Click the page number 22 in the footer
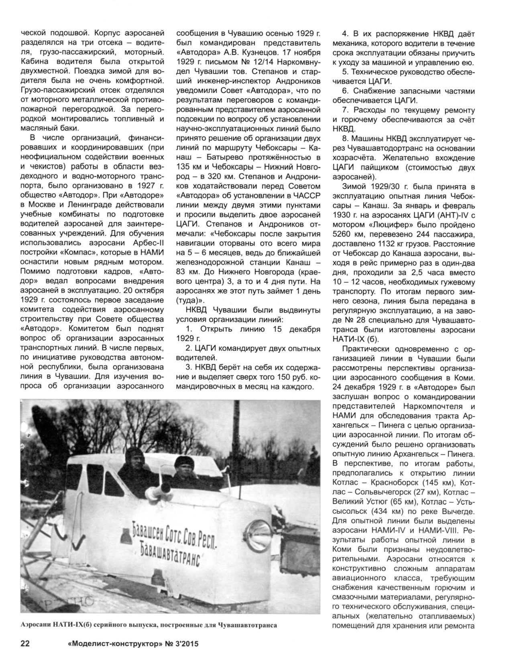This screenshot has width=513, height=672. pyautogui.click(x=24, y=655)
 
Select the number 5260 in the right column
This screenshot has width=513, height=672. pyautogui.click(x=342, y=233)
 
